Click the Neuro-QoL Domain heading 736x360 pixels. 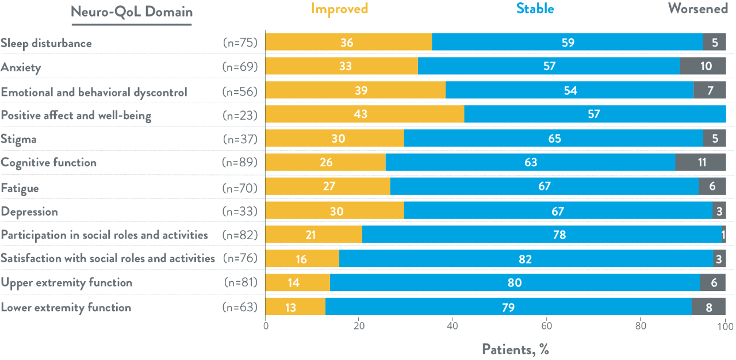[x=132, y=12]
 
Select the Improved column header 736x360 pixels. [x=339, y=9]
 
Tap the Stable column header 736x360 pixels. [x=535, y=9]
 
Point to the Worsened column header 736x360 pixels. [x=697, y=9]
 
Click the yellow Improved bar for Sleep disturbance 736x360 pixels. [x=348, y=43]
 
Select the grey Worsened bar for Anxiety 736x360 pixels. [x=703, y=66]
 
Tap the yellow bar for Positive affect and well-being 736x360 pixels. [x=365, y=114]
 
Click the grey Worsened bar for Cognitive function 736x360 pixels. [x=700, y=163]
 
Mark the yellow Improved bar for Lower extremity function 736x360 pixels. [x=295, y=307]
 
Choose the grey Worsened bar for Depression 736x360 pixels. [x=719, y=211]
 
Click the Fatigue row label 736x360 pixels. [x=20, y=187]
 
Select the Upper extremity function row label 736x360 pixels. [x=66, y=282]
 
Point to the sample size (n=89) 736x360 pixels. [x=240, y=163]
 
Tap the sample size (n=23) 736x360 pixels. [x=240, y=115]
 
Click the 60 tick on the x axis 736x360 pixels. [x=547, y=327]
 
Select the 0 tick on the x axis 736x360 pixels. [x=266, y=327]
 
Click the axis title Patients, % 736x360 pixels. [x=515, y=348]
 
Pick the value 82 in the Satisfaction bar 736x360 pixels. [x=526, y=259]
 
